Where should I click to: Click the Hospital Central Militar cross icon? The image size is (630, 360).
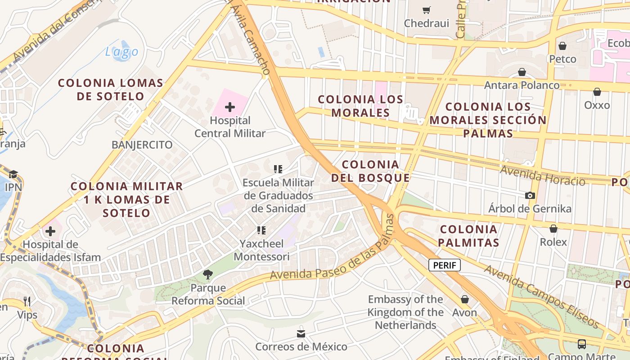230,107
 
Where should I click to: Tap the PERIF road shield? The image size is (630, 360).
444,265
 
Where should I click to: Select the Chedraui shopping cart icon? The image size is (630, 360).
426,10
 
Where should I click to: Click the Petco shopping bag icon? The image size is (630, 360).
562,46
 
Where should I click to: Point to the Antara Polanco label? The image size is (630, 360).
522,85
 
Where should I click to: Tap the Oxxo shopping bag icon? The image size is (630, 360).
597,92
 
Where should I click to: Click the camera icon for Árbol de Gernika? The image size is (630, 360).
530,196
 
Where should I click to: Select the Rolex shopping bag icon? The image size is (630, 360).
553,229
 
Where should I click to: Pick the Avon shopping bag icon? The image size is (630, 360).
464,299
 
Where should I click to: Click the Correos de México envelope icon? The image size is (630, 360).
301,334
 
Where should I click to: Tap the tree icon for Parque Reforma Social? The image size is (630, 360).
208,274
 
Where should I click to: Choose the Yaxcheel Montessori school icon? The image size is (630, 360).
261,231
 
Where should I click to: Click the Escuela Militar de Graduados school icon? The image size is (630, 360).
278,170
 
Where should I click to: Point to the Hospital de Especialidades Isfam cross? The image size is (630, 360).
50,232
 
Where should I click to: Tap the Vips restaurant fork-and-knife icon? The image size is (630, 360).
27,301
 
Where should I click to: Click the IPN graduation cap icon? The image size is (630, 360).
13,174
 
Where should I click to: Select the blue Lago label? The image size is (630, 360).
121,52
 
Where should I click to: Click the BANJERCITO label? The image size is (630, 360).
142,145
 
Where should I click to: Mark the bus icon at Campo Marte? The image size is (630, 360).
581,345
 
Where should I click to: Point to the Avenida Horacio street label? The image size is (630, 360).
542,175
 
